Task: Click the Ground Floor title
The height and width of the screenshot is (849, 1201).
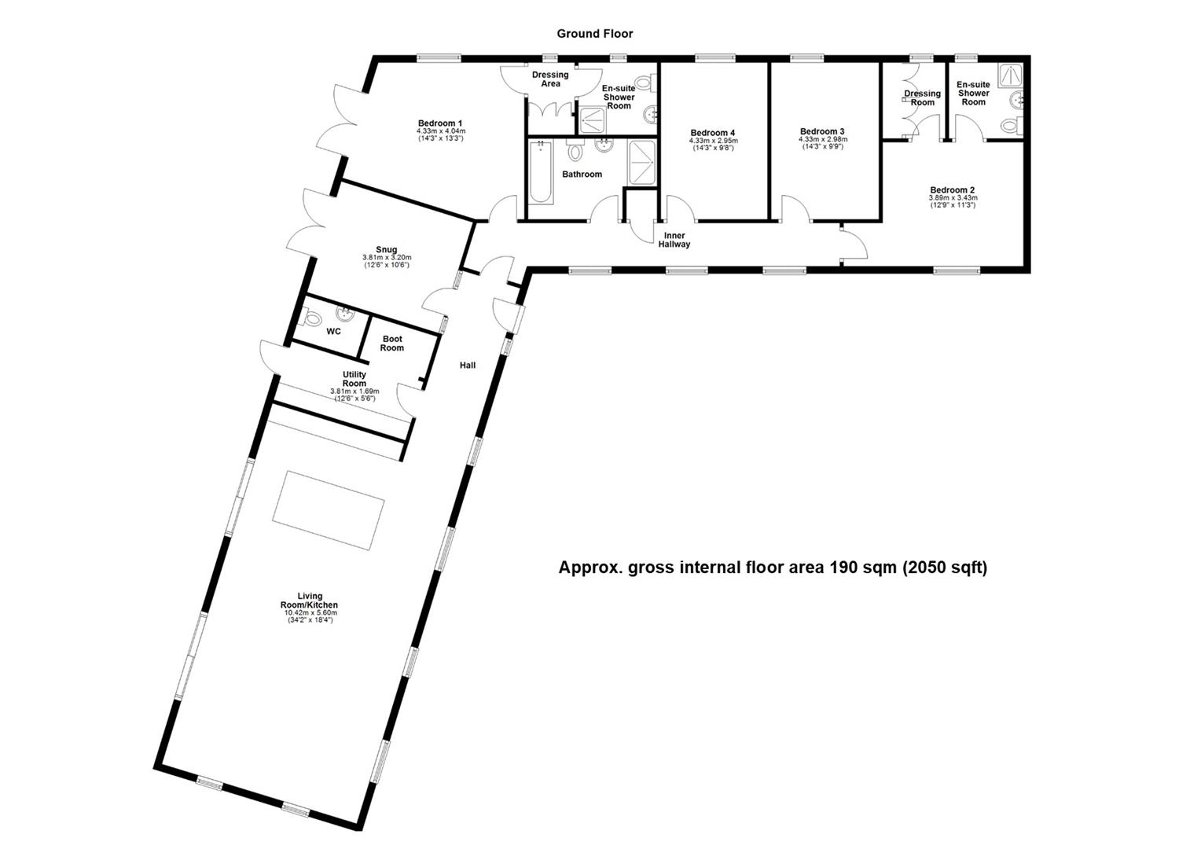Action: pyautogui.click(x=594, y=34)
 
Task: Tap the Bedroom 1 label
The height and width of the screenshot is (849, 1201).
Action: pyautogui.click(x=440, y=123)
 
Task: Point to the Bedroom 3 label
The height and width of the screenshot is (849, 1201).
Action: pyautogui.click(x=822, y=131)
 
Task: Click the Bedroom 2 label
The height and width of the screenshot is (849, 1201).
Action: pyautogui.click(x=952, y=190)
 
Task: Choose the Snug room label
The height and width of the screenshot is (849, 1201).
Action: pyautogui.click(x=386, y=250)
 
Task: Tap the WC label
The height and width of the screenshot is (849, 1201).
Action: pyautogui.click(x=333, y=332)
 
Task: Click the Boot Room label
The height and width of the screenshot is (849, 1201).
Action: pyautogui.click(x=392, y=344)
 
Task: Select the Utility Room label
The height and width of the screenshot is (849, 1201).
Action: pyautogui.click(x=354, y=379)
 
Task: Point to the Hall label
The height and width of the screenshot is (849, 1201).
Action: pyautogui.click(x=468, y=365)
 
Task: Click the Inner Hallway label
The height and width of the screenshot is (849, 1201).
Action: pyautogui.click(x=674, y=240)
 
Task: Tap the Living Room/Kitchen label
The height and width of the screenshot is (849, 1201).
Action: pyautogui.click(x=310, y=601)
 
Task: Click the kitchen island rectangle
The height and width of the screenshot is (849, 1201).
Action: pyautogui.click(x=329, y=511)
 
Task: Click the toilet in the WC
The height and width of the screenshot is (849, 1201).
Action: pyautogui.click(x=311, y=318)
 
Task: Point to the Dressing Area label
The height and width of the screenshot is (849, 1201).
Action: pyautogui.click(x=550, y=79)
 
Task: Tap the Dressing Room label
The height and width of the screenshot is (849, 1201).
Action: pyautogui.click(x=922, y=97)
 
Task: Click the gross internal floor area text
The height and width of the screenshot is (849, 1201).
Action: pyautogui.click(x=772, y=567)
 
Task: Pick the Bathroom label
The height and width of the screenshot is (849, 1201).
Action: pyautogui.click(x=582, y=175)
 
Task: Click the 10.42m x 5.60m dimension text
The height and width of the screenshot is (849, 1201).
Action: pyautogui.click(x=310, y=613)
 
